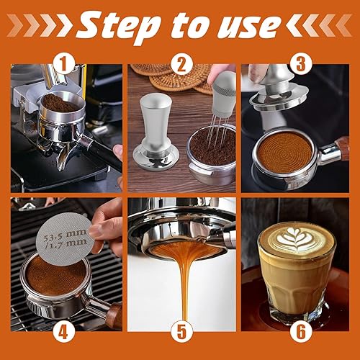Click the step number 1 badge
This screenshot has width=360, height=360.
click(64, 64)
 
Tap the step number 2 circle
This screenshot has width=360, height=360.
click(181, 64)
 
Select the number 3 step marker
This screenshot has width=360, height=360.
click(301, 64)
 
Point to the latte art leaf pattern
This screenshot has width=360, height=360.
click(297, 240)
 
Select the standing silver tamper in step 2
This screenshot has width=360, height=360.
click(156, 132)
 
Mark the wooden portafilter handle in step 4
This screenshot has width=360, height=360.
click(114, 315)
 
